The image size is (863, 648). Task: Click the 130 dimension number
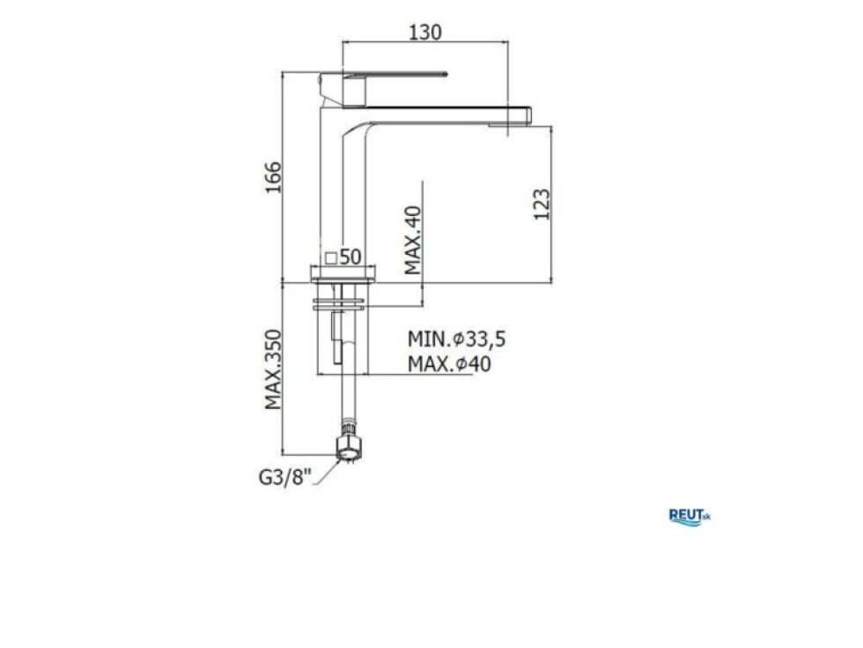pyautogui.click(x=424, y=32)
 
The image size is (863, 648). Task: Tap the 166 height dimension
pyautogui.click(x=274, y=177)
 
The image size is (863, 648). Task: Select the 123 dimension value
pyautogui.click(x=542, y=205)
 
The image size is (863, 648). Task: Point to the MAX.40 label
pyautogui.click(x=413, y=240)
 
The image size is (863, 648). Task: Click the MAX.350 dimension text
pyautogui.click(x=274, y=369)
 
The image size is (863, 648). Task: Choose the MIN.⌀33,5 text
pyautogui.click(x=456, y=339)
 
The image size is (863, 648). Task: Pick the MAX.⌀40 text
pyautogui.click(x=449, y=364)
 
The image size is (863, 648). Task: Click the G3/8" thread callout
pyautogui.click(x=285, y=477)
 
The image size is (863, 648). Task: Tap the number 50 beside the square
pyautogui.click(x=350, y=257)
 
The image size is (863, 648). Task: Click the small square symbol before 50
pyautogui.click(x=331, y=257)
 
